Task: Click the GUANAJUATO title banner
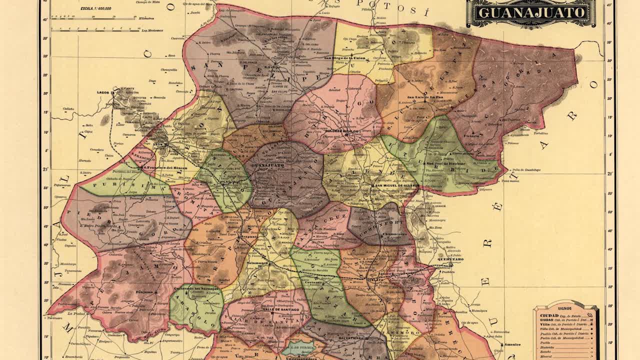coord(531,12)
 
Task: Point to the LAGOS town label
coord(103,92)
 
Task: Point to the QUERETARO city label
coord(450,259)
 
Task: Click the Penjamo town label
coord(147,291)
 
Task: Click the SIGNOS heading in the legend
coord(565,308)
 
